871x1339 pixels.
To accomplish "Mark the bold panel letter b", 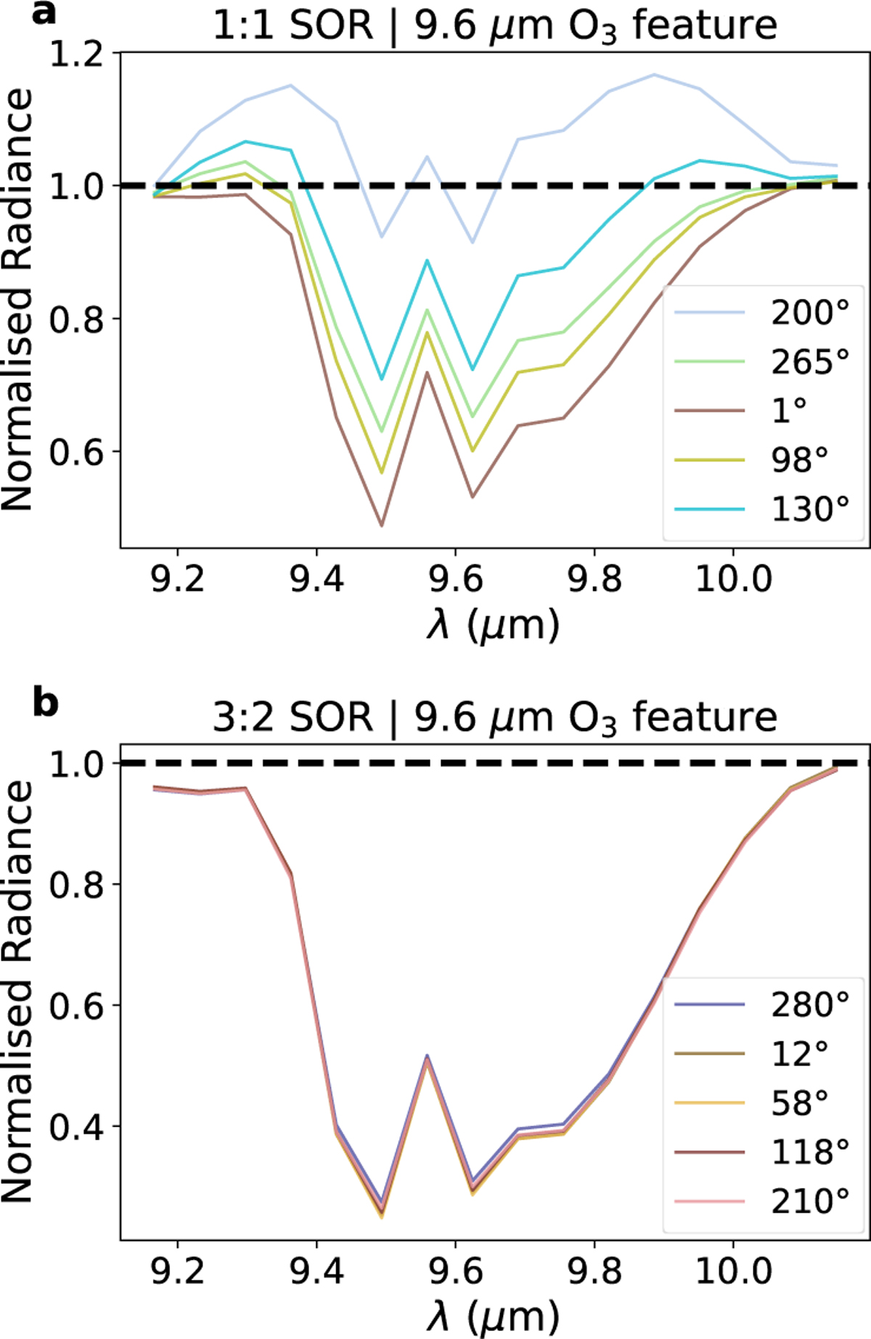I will pos(45,702).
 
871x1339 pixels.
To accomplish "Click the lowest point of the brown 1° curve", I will pos(382,525).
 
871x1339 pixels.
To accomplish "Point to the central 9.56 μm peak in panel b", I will pos(428,1056).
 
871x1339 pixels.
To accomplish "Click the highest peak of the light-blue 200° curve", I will pos(655,74).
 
